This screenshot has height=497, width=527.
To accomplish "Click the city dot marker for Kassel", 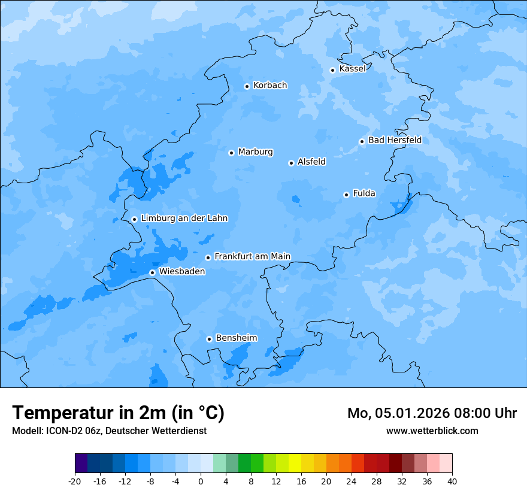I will pos(332,70).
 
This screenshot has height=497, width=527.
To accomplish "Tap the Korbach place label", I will pos(270,86).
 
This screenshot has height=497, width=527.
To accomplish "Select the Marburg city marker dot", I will pos(231,153).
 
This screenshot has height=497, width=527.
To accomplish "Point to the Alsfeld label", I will pos(311,162).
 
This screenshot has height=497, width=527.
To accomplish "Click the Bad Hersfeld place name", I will pos(395,140).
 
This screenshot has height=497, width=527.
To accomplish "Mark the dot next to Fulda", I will pos(346,195).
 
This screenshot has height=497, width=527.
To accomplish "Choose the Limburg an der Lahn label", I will pos(184,219).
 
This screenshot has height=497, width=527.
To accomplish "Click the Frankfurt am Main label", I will pos(252,256).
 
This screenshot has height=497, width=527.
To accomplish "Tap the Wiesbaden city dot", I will pos(152,272).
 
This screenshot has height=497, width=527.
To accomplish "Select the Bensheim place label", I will pos(236,338).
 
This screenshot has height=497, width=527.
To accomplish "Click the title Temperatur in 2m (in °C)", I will pos(119,413).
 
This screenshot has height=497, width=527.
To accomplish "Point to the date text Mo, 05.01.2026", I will pos(395,413).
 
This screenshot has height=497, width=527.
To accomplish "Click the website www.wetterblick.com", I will pos(432,431).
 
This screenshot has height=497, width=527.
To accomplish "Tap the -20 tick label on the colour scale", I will pos(75,481).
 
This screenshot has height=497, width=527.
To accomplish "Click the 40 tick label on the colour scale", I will pos(452,481).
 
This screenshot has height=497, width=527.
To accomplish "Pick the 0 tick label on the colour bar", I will pos(201,481).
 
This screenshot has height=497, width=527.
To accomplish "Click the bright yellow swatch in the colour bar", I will pos(295,463).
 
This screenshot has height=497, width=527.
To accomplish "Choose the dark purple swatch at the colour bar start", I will pos(81,463).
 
